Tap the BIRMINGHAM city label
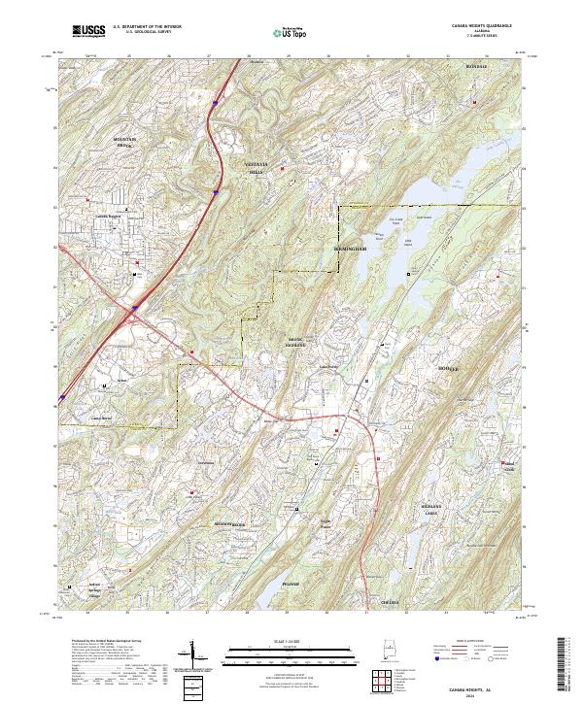tap(351, 250)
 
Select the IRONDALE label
tap(475, 67)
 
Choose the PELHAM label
tap(291, 584)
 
